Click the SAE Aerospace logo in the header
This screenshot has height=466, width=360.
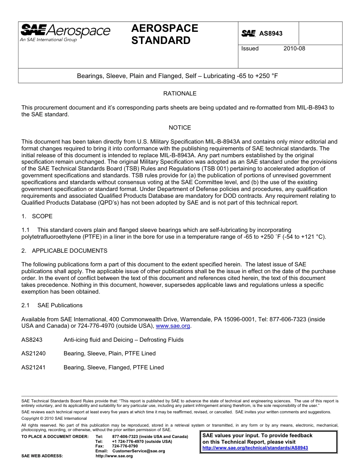coord(65,33)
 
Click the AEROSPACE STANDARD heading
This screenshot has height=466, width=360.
coord(164,34)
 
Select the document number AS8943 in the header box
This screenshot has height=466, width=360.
coord(271,34)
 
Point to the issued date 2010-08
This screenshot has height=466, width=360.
coord(294,48)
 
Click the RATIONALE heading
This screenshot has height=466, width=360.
coord(180,94)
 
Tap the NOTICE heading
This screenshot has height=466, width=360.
coord(180,128)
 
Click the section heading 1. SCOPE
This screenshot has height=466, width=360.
coord(37,216)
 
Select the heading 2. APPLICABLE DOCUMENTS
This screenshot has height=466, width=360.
coord(64,251)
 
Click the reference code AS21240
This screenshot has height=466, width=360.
coord(33,353)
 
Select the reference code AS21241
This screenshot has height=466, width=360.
coord(33,367)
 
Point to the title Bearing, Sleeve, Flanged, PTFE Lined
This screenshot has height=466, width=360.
coord(114,367)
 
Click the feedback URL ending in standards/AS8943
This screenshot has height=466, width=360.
coord(255,448)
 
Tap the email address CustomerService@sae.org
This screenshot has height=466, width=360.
coord(139,451)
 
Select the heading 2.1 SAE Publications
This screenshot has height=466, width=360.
coord(52,305)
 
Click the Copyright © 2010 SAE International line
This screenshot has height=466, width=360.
coord(54,419)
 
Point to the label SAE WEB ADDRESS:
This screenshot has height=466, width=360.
coord(42,456)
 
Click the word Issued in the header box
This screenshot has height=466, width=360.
coord(250,48)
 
